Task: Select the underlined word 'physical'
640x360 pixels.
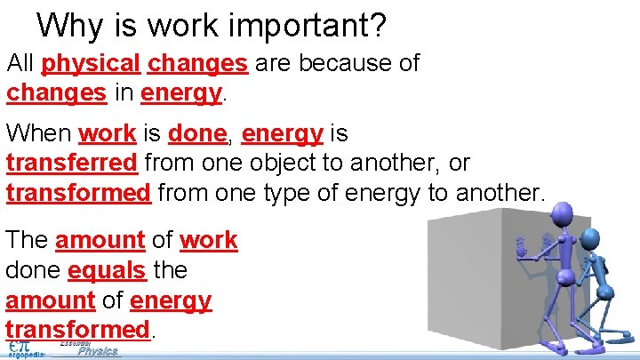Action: pyautogui.click(x=91, y=65)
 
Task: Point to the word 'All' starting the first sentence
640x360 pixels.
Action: pyautogui.click(x=20, y=65)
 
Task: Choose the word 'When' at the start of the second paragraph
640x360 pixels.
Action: pyautogui.click(x=39, y=134)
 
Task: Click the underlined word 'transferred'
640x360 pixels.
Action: pyautogui.click(x=72, y=164)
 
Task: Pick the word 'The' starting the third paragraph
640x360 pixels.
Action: pyautogui.click(x=28, y=240)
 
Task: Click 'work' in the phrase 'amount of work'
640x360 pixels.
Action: pyautogui.click(x=208, y=240)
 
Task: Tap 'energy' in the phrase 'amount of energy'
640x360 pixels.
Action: pyautogui.click(x=171, y=300)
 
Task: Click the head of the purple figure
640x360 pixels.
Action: pyautogui.click(x=563, y=213)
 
